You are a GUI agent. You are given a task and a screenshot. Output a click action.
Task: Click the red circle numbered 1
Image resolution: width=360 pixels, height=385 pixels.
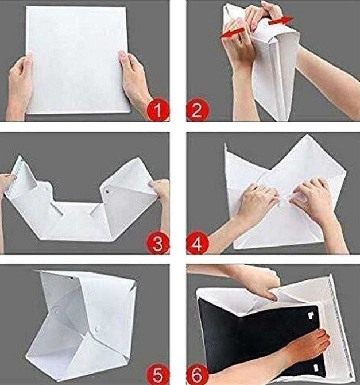pyautogui.click(x=158, y=110)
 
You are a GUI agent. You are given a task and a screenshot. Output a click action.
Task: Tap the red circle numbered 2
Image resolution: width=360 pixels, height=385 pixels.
pyautogui.click(x=198, y=110)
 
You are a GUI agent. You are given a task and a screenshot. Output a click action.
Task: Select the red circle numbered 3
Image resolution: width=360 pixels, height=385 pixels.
pyautogui.click(x=158, y=243)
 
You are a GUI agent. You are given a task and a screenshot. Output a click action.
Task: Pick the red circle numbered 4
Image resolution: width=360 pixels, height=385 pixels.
pyautogui.click(x=198, y=243)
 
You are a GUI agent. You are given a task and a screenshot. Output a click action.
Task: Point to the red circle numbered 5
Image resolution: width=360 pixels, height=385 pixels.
pyautogui.click(x=158, y=374)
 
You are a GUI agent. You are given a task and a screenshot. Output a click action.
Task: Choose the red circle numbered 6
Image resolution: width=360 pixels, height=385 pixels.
pyautogui.click(x=198, y=374)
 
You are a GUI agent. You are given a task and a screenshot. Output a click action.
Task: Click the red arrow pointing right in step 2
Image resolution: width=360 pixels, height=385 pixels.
pyautogui.click(x=280, y=21)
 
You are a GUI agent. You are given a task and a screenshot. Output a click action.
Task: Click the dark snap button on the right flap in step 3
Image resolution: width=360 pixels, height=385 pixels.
pyautogui.click(x=107, y=190)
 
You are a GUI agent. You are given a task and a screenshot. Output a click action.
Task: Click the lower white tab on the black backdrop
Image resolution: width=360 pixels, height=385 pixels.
pyautogui.click(x=316, y=367)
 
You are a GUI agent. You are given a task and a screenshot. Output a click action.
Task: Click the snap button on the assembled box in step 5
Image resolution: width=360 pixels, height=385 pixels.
pyautogui.click(x=97, y=329)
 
